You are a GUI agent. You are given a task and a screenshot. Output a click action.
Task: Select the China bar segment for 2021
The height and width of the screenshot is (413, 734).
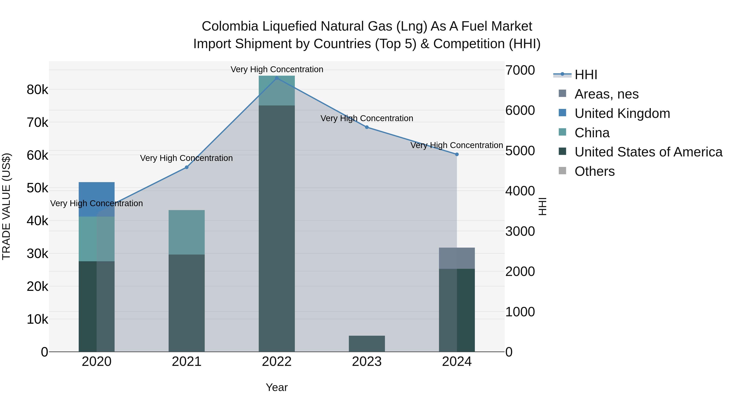(187, 232)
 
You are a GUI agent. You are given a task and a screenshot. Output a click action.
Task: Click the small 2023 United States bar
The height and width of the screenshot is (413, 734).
(367, 343)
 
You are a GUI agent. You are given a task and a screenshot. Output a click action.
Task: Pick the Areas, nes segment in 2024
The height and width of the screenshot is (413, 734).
(457, 258)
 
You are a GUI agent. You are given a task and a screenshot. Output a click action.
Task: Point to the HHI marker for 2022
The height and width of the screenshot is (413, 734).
(277, 78)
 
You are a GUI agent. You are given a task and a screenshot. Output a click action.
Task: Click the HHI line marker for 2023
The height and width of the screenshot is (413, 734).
(367, 127)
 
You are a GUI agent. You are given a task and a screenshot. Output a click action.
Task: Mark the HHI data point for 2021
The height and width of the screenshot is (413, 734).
(187, 167)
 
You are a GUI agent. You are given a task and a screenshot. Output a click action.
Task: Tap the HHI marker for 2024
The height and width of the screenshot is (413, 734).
(457, 154)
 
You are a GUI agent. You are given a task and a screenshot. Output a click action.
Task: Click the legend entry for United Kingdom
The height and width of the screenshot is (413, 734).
(622, 113)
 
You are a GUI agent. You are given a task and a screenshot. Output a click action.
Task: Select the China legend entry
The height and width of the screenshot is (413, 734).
(592, 133)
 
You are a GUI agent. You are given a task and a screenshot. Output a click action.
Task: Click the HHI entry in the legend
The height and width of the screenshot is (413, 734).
(586, 74)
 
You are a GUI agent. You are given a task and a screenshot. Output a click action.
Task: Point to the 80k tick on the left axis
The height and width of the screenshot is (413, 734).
(37, 90)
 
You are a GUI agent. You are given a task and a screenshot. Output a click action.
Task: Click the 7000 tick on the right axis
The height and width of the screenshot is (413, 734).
(520, 70)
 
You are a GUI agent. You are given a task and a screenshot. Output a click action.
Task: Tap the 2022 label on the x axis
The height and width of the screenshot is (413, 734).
(277, 362)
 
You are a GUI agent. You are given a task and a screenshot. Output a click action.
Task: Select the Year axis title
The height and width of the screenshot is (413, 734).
(277, 387)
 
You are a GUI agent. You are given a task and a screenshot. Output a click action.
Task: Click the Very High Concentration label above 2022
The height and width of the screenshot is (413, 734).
(277, 69)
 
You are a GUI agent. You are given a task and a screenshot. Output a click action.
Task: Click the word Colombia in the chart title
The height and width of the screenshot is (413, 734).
(230, 26)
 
